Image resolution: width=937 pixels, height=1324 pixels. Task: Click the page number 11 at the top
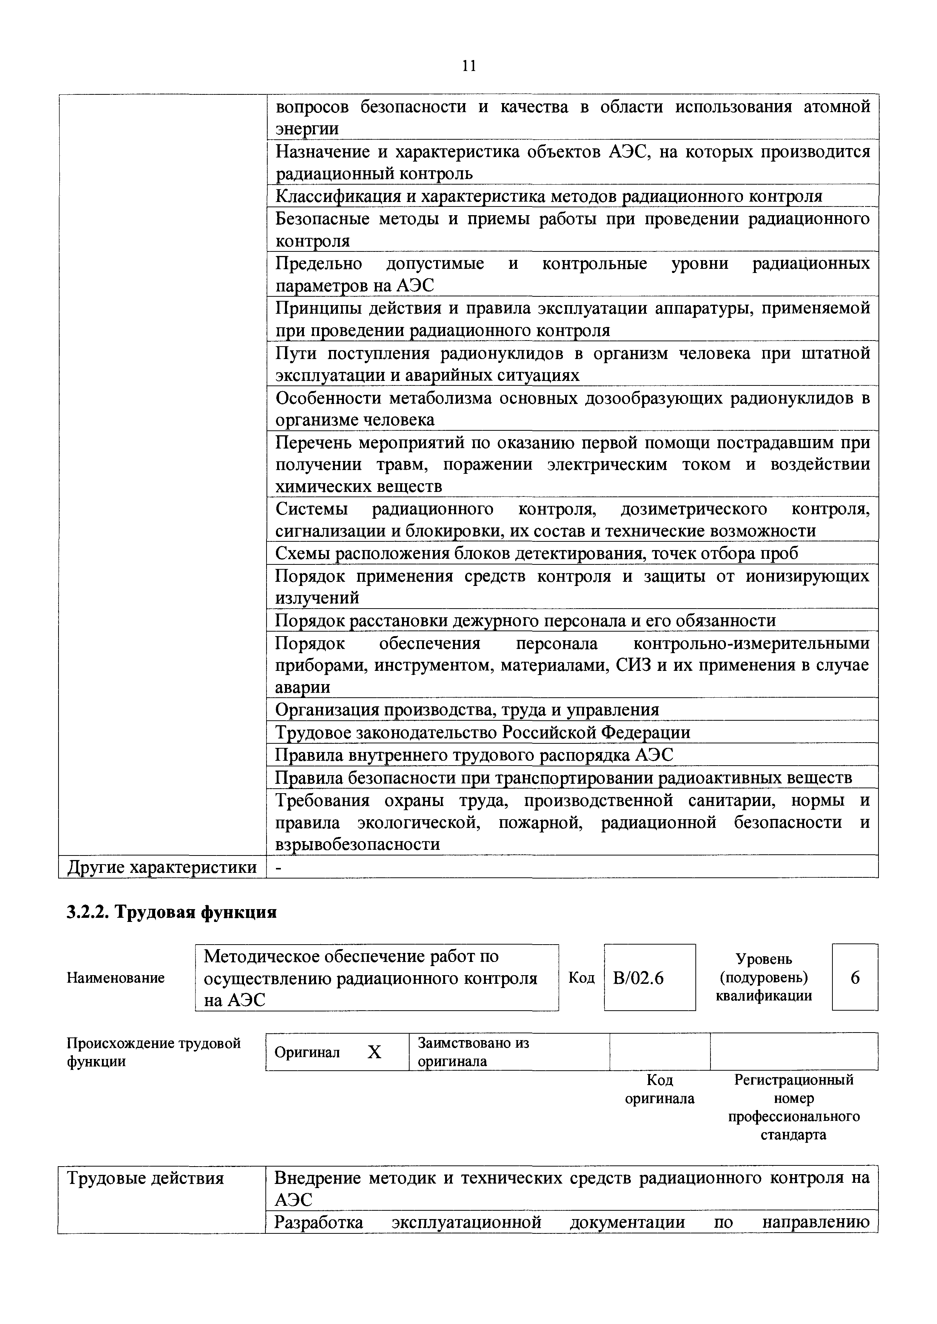468,66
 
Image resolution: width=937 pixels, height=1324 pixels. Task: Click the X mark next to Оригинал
374,1052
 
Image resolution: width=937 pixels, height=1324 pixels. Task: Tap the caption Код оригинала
660,1089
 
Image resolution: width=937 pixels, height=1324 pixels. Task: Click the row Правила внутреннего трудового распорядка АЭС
474,755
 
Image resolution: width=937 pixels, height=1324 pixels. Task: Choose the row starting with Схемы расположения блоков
536,553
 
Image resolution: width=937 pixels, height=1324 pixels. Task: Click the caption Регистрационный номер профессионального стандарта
793,1107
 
